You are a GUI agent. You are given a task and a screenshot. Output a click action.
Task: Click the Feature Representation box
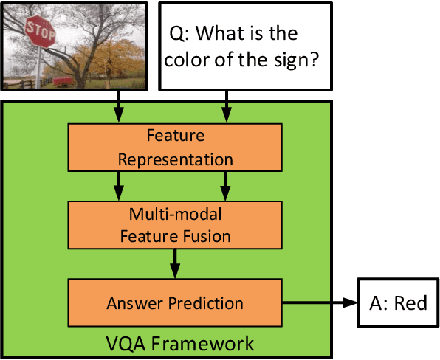click(x=175, y=148)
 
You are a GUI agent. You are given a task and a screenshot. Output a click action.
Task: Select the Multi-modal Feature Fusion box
click(x=175, y=225)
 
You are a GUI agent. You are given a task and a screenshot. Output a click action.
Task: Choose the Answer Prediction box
click(x=175, y=303)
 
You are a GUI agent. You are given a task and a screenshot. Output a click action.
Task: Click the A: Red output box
click(x=396, y=303)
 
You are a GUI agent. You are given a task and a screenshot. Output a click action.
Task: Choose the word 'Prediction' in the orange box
click(x=208, y=303)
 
